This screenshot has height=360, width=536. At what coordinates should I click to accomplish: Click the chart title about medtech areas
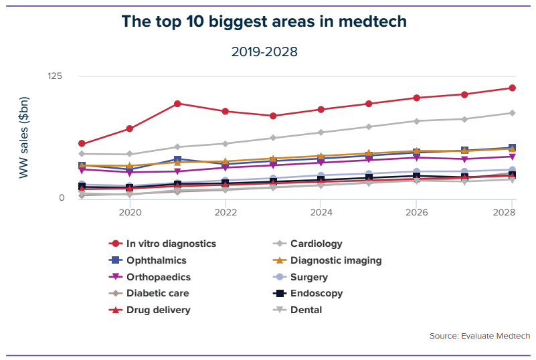tap(264, 21)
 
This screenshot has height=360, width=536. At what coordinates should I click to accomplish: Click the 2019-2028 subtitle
tap(264, 52)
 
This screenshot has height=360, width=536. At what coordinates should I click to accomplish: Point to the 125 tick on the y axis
tap(54, 76)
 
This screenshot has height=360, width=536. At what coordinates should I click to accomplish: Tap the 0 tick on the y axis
tap(60, 197)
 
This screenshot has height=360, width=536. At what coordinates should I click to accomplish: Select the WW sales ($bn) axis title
tap(24, 137)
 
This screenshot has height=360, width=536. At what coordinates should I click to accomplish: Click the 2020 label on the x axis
tap(130, 212)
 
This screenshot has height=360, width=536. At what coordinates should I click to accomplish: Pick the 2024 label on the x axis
tap(321, 212)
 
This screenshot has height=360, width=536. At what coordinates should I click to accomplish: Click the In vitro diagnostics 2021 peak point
tap(177, 104)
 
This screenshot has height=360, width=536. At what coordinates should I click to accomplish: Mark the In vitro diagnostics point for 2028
tap(512, 88)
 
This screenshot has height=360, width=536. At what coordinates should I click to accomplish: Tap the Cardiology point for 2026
tap(416, 121)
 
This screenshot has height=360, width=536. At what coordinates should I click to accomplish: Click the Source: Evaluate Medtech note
tap(480, 336)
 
